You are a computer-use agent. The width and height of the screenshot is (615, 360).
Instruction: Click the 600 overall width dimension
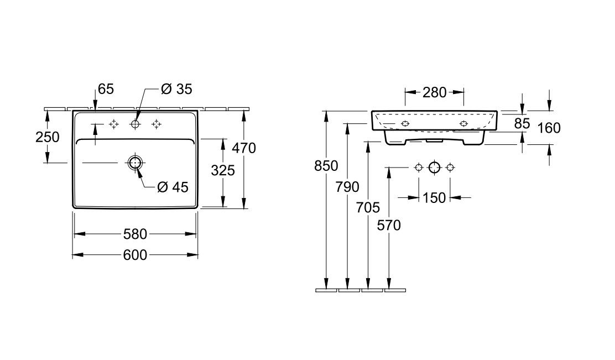(135, 255)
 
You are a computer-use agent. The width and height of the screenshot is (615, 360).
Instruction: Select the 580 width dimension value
(135, 234)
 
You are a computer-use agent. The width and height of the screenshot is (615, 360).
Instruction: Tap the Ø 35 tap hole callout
(176, 89)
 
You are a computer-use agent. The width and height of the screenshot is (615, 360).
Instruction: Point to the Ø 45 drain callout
(173, 187)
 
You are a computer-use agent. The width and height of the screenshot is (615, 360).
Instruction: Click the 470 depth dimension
(244, 148)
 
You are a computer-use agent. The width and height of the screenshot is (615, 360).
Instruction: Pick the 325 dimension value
(223, 170)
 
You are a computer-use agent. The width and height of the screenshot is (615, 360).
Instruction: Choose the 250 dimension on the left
(48, 137)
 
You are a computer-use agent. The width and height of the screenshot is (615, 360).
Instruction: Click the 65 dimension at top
(106, 89)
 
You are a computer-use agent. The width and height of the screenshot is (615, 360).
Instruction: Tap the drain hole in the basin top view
(135, 163)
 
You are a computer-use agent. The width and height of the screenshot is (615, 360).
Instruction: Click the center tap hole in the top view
(135, 124)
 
